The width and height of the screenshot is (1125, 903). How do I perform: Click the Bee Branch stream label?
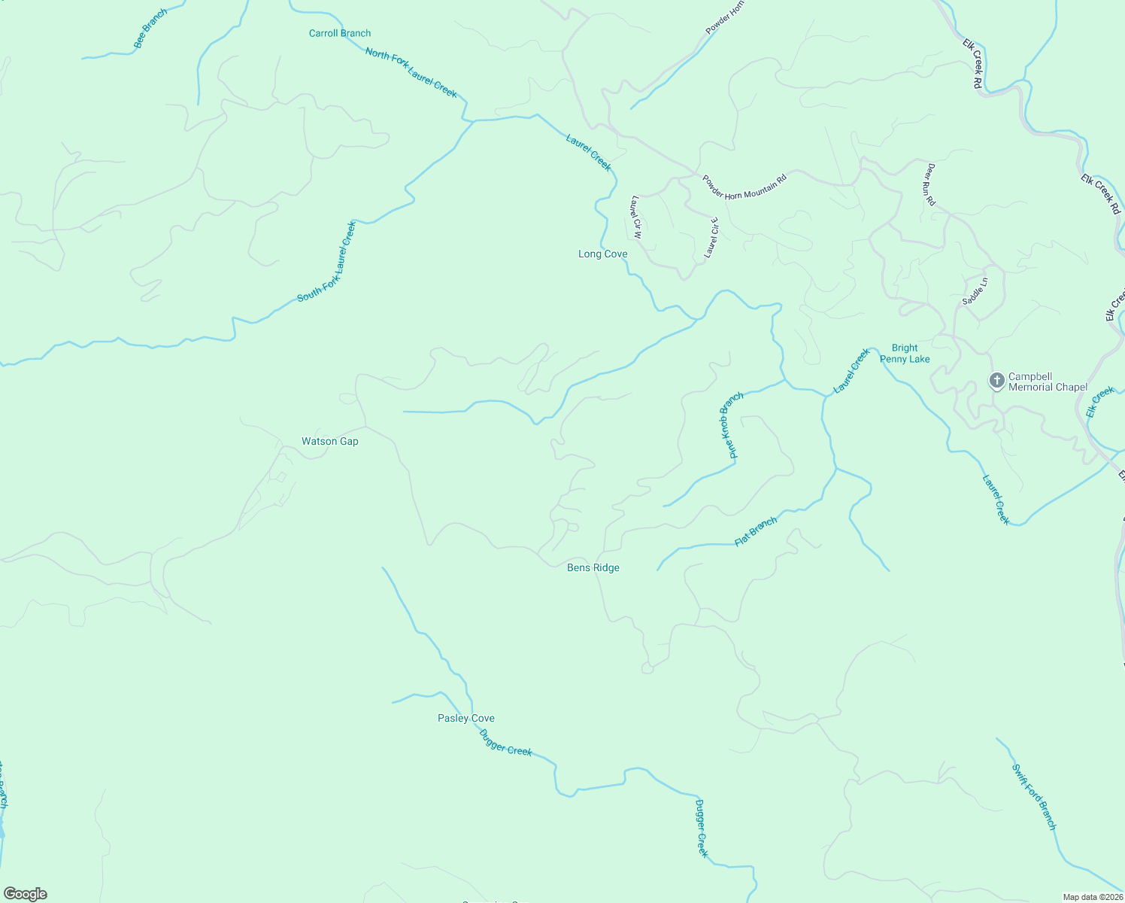(150, 29)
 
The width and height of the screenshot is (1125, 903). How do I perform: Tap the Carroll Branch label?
(340, 33)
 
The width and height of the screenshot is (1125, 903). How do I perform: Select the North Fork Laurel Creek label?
(411, 73)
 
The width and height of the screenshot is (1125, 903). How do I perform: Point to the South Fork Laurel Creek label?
(327, 262)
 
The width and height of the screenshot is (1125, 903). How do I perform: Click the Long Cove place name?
(602, 254)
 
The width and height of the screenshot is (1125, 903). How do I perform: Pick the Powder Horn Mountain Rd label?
(744, 187)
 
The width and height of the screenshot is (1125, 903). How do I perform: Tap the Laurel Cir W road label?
(636, 217)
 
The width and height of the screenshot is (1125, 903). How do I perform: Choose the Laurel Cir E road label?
(711, 238)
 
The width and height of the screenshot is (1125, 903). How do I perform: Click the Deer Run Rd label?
(931, 184)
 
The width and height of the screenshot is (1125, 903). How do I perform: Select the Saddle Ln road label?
(975, 291)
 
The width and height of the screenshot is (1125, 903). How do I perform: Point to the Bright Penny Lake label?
(905, 354)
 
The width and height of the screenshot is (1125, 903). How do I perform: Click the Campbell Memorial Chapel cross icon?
(997, 381)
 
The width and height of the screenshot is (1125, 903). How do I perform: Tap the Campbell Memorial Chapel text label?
(1048, 382)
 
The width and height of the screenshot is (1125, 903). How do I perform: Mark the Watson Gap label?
(330, 442)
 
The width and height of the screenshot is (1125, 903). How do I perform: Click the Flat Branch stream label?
(756, 531)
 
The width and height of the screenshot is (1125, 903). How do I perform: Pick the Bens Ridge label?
(593, 568)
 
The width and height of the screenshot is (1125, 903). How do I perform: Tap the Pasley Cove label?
(466, 719)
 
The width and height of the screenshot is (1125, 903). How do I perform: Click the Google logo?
(25, 894)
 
